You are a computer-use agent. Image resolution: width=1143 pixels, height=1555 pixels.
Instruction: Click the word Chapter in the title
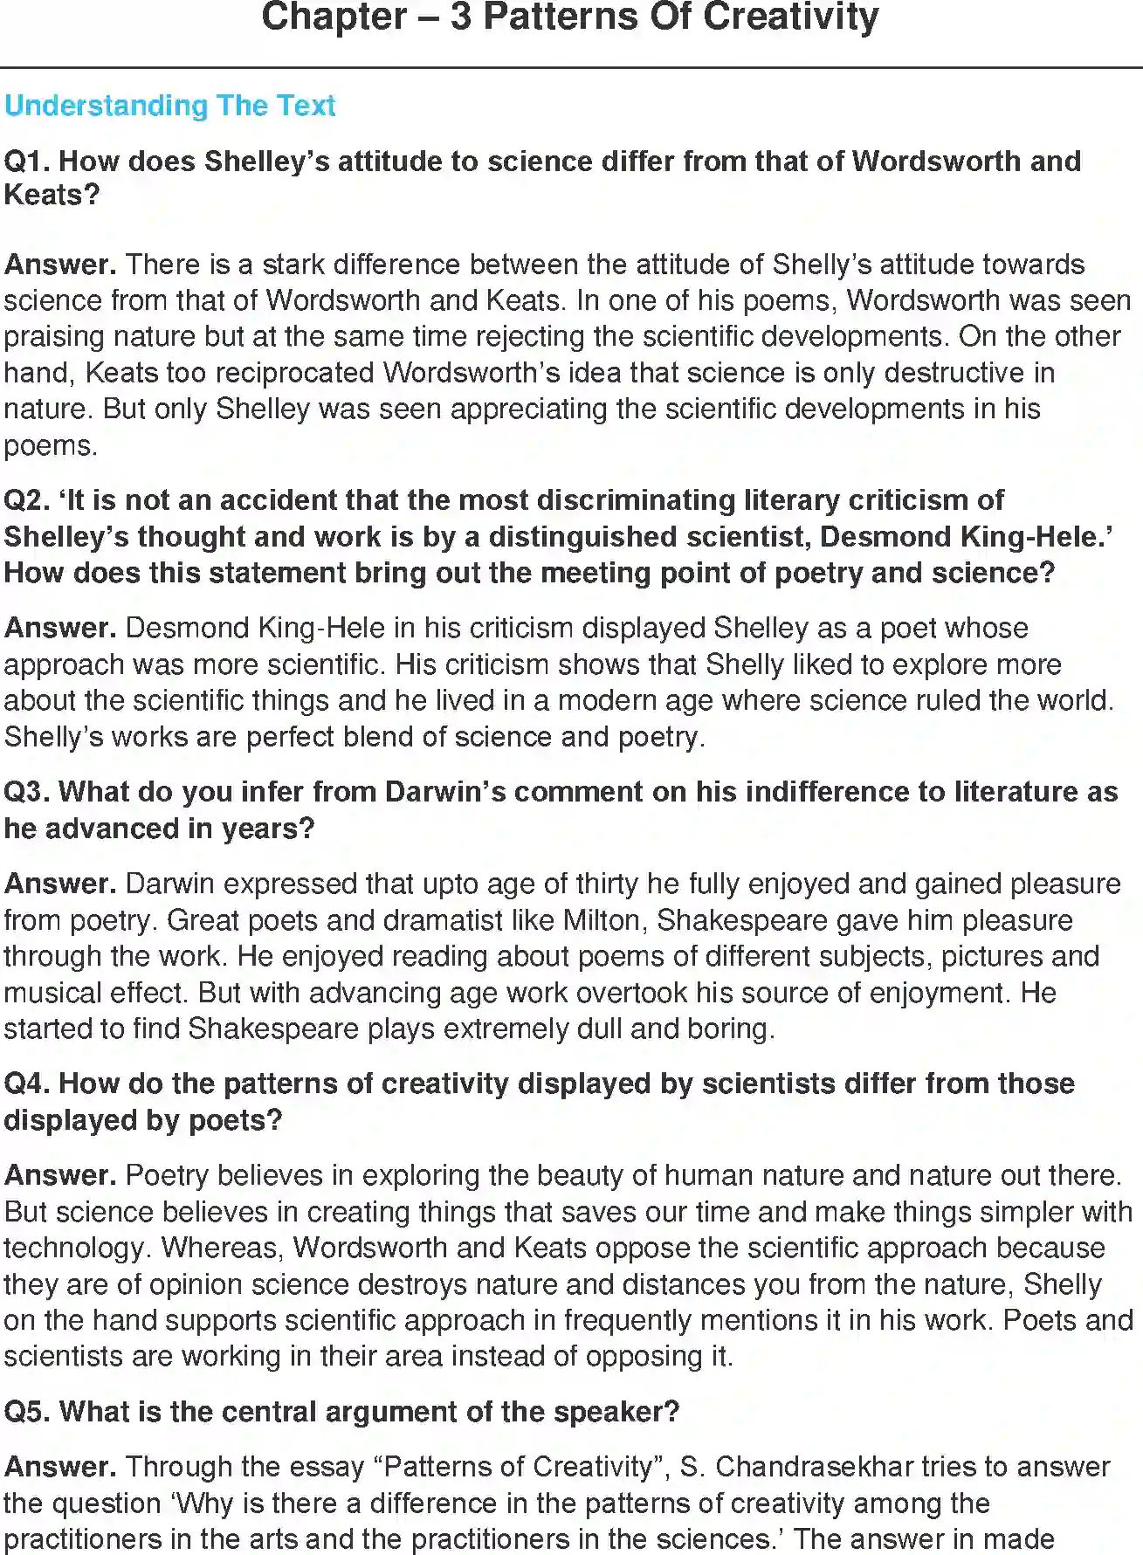point(334,17)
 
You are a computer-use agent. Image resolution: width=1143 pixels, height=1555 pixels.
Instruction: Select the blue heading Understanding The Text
point(169,106)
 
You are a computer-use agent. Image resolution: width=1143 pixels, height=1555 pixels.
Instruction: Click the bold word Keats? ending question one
point(52,195)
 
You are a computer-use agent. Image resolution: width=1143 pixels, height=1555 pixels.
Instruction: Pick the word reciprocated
point(291,373)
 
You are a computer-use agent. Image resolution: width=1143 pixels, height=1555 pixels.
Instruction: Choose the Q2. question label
point(27,500)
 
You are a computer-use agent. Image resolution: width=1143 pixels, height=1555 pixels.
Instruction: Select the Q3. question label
point(27,792)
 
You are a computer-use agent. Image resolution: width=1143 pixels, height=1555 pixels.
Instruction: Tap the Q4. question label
point(27,1084)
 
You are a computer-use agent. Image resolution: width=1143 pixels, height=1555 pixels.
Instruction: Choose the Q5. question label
point(27,1412)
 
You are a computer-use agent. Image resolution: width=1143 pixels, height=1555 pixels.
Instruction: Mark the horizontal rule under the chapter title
point(571,67)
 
